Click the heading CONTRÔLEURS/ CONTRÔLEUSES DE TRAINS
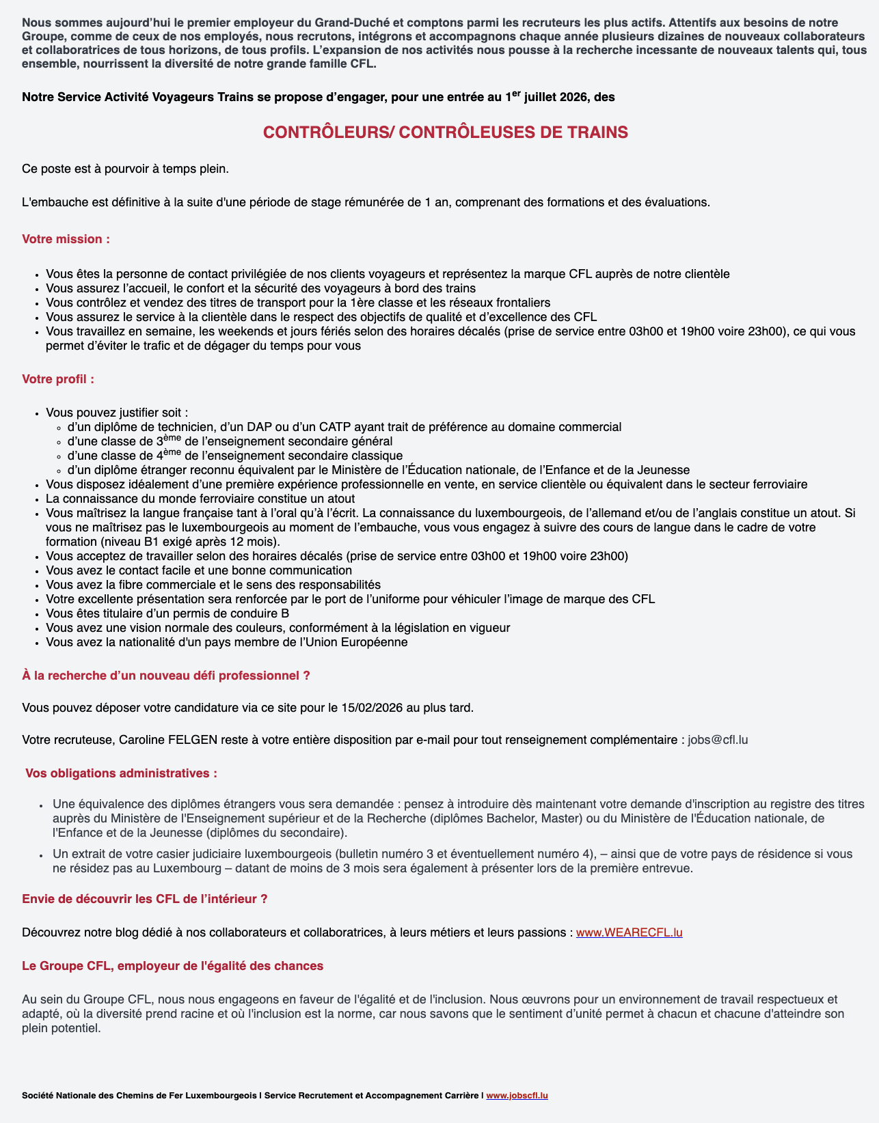coord(445,133)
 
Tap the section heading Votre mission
coord(66,239)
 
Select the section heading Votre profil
coord(58,378)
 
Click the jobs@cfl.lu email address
coord(718,739)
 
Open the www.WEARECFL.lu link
coord(629,932)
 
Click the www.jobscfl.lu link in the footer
coord(517,1096)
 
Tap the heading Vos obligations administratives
coord(121,773)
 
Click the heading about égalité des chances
coord(172,966)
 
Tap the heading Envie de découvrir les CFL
coord(144,899)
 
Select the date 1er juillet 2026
coord(547,97)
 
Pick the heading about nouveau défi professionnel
coord(166,676)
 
